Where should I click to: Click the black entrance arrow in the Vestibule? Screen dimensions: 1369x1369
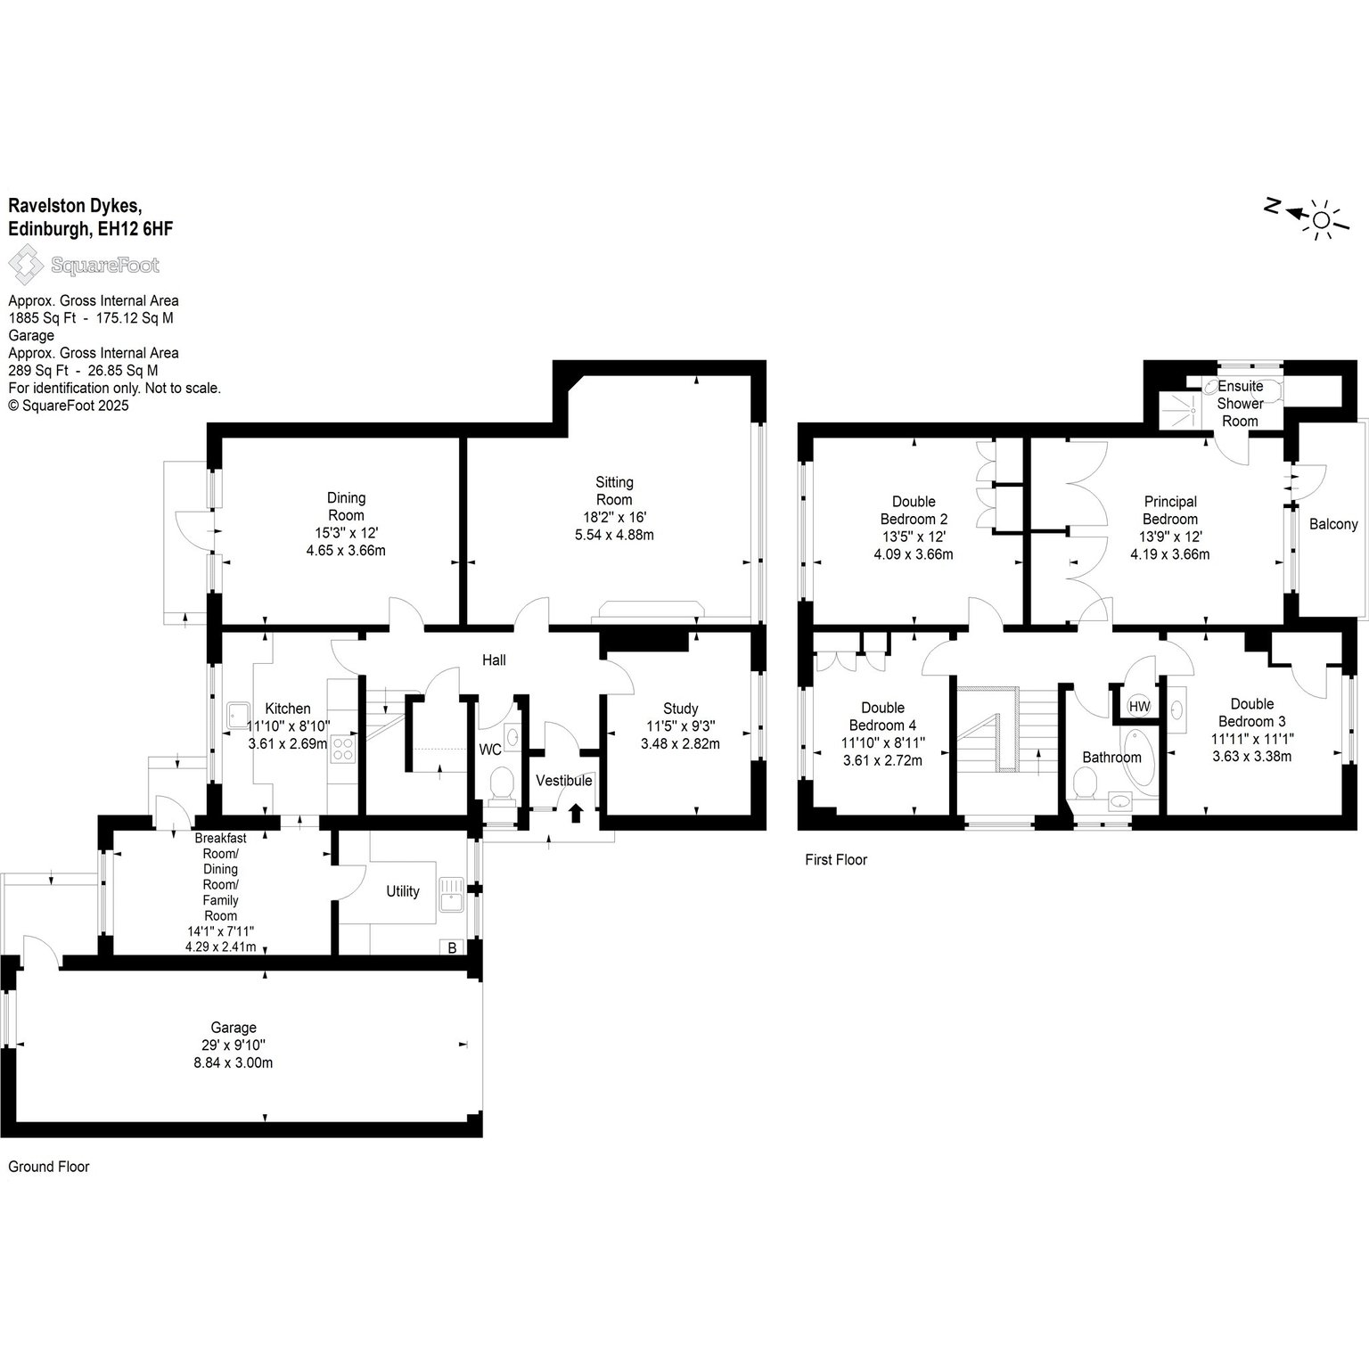[x=576, y=812]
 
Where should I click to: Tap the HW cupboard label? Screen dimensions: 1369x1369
[x=1139, y=707]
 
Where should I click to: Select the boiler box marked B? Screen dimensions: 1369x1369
[x=452, y=948]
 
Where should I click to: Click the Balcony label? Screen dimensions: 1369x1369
[x=1333, y=524]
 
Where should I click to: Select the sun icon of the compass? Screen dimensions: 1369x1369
[x=1321, y=219]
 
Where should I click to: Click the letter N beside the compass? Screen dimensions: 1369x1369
[x=1273, y=208]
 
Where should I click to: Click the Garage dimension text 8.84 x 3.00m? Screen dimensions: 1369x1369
[x=234, y=1062]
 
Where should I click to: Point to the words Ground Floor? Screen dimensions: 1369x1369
[x=49, y=1167]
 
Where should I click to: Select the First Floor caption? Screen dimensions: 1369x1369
[x=836, y=860]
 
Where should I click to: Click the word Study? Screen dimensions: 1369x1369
[x=680, y=709]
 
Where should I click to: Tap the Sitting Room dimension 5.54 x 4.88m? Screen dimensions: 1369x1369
[x=614, y=535]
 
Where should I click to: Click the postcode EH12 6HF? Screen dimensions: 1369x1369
[x=135, y=229]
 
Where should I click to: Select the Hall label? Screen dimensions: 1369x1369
[x=494, y=660]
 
